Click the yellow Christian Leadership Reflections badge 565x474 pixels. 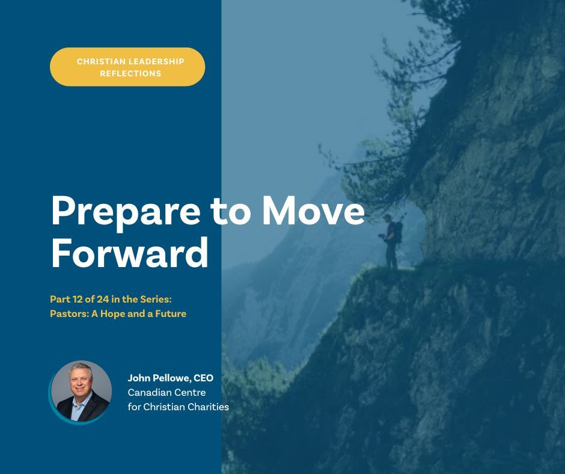point(127,67)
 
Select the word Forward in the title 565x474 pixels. point(129,253)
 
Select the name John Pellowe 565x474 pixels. point(157,378)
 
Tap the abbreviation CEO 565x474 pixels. point(204,378)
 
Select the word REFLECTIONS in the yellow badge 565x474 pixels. point(127,73)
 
